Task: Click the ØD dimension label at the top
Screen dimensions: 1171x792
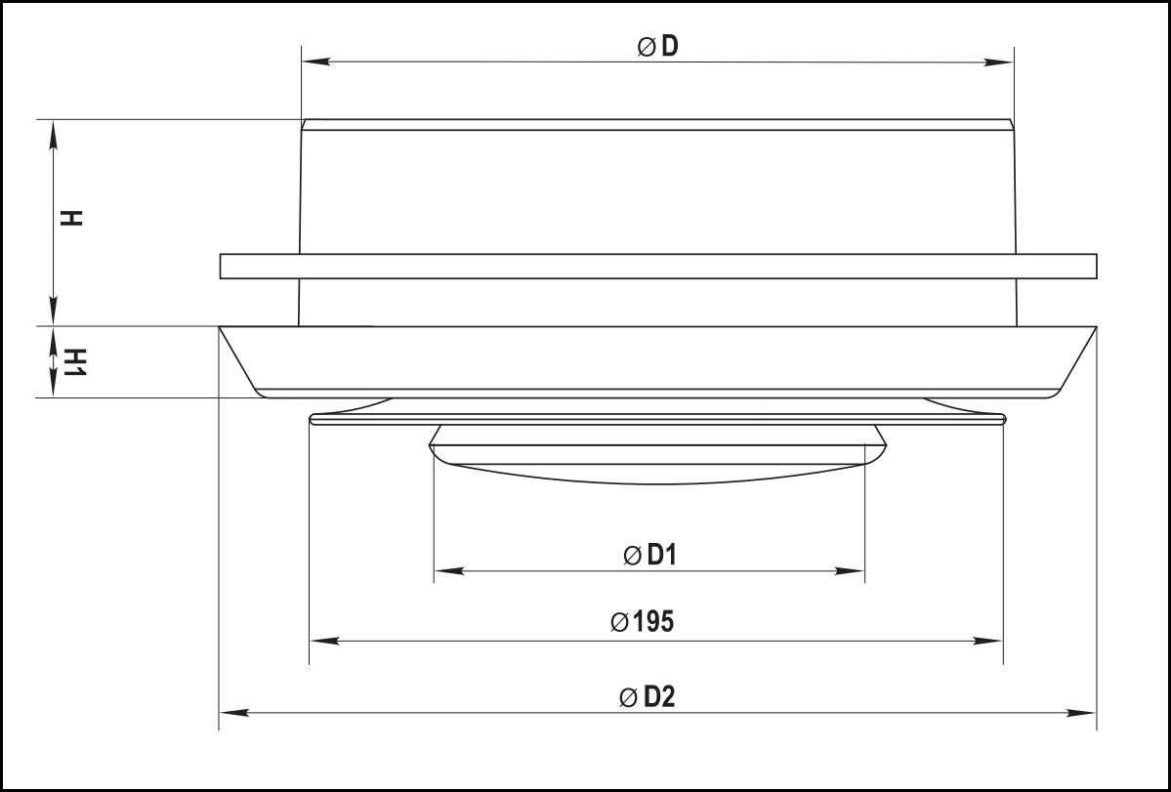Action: [x=658, y=46]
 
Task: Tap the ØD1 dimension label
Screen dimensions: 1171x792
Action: [x=649, y=556]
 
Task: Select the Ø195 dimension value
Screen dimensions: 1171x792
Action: [x=643, y=622]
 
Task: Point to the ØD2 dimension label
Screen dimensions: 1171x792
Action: [x=648, y=697]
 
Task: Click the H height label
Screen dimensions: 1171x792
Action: [x=72, y=218]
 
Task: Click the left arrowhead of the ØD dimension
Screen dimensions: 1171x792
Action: [x=316, y=62]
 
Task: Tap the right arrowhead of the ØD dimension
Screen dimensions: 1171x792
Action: [x=998, y=62]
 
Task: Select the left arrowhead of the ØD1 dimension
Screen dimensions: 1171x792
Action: [x=449, y=571]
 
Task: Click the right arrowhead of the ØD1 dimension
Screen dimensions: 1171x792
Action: [x=849, y=571]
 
